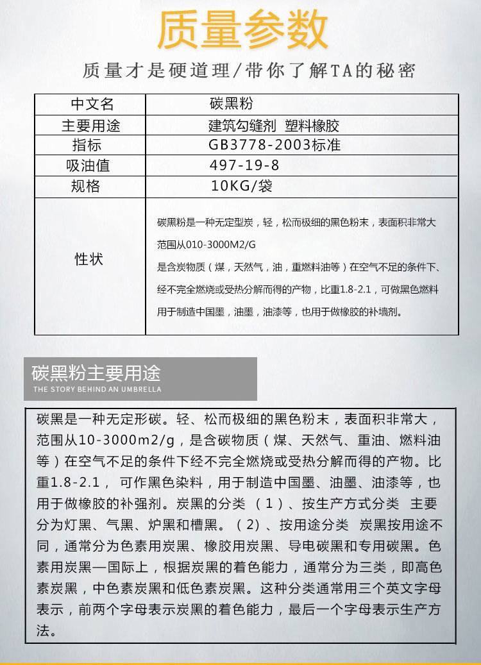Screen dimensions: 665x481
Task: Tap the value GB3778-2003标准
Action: click(x=274, y=146)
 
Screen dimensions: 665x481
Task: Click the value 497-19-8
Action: click(x=244, y=165)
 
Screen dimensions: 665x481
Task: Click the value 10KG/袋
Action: click(x=242, y=187)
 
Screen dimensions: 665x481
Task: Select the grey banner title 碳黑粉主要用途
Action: click(x=96, y=373)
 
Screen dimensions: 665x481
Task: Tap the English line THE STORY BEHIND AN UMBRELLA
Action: click(x=97, y=389)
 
